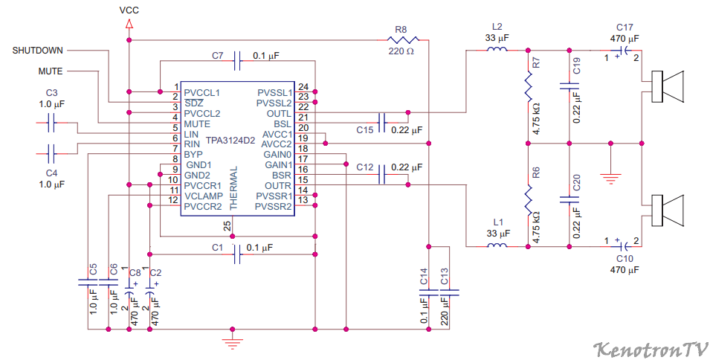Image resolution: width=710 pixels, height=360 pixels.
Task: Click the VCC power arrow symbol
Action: [x=129, y=24]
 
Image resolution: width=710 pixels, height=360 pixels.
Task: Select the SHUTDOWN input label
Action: [x=38, y=51]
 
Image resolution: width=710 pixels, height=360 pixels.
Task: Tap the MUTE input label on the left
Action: [x=51, y=71]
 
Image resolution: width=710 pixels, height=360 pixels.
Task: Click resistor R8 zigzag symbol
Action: [x=401, y=40]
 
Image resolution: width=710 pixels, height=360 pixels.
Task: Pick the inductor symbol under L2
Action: [x=497, y=48]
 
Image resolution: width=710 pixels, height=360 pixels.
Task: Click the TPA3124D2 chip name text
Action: [x=230, y=141]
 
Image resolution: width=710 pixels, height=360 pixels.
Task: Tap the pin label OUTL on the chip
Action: [x=279, y=114]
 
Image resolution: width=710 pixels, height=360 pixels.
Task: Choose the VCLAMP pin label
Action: [x=204, y=196]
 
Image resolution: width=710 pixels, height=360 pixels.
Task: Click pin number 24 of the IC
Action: [x=303, y=87]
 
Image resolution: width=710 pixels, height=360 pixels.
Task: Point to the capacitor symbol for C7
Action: [x=237, y=61]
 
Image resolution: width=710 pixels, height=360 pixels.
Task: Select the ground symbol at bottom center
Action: [x=232, y=343]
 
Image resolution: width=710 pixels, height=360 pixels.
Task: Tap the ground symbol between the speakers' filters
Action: [x=611, y=179]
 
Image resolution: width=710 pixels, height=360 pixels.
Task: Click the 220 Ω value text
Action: [x=401, y=51]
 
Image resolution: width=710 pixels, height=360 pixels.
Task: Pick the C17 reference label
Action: [x=625, y=28]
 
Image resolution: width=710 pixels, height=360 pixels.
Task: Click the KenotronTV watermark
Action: [x=651, y=349]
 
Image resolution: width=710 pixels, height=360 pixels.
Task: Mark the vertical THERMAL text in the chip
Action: [x=233, y=188]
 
